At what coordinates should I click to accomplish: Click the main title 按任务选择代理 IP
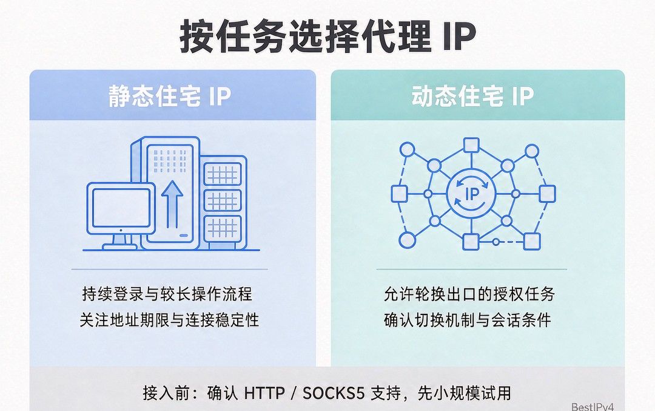point(328,37)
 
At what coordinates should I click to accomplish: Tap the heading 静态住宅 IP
point(170,96)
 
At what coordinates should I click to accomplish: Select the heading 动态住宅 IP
point(473,96)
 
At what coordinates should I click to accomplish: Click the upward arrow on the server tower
point(172,204)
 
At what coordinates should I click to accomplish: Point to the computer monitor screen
point(121,208)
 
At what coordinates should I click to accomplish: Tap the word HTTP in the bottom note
point(264,393)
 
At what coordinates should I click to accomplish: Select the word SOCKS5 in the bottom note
point(334,393)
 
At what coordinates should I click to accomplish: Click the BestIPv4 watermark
point(593,406)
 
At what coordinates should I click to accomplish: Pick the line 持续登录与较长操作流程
point(167,294)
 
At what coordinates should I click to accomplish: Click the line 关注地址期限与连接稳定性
point(170,321)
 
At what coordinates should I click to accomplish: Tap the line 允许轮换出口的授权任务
point(469,294)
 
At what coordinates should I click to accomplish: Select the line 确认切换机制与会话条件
point(468,321)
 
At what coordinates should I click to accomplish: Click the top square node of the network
point(471,146)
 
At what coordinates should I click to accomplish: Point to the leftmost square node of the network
point(399,194)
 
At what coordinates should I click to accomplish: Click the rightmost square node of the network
point(547,194)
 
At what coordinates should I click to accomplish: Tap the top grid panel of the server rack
point(222,174)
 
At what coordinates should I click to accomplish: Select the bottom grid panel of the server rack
point(222,228)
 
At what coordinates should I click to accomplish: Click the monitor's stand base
point(119,247)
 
